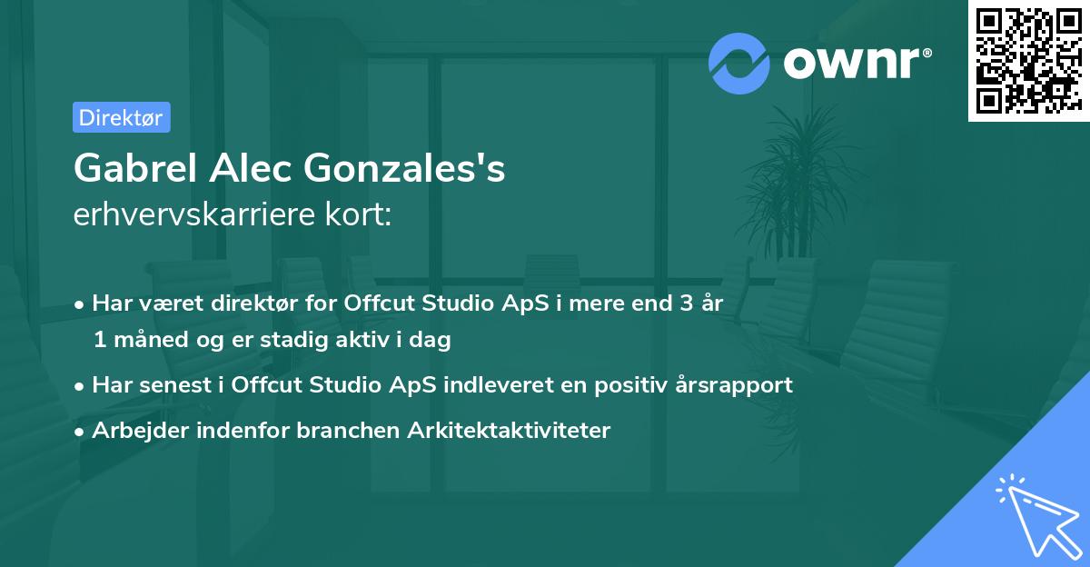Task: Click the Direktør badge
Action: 121,117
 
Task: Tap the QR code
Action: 1027,61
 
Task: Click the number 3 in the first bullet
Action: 674,303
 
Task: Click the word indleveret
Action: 504,384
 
